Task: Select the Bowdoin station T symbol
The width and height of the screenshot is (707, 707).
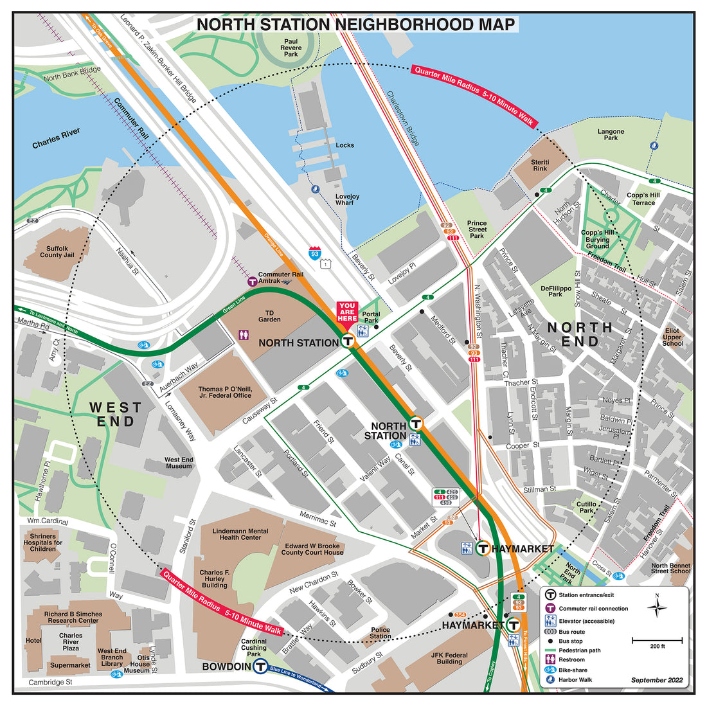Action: pos(260,667)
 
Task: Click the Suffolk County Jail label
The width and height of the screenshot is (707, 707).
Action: pos(57,251)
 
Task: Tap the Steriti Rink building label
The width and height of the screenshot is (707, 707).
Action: pos(540,165)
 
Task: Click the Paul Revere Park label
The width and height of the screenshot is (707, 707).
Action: pos(291,48)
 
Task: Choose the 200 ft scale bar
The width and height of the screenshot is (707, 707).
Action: pos(657,640)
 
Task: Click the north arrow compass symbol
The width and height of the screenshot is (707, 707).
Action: pos(657,607)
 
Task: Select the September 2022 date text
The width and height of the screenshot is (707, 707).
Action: pos(657,680)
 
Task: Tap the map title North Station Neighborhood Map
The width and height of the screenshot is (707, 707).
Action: pos(355,24)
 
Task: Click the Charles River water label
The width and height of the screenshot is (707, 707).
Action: pos(57,138)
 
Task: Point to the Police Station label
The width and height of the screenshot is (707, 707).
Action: pos(380,633)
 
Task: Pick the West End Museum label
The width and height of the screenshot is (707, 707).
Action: pos(179,463)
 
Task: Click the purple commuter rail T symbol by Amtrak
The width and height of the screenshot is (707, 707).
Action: pos(252,281)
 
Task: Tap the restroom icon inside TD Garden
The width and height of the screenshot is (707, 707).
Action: pos(244,335)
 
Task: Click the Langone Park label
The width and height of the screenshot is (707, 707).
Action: pos(611,134)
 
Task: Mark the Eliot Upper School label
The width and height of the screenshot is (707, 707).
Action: pos(672,337)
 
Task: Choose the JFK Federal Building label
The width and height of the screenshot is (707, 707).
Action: pos(449,658)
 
